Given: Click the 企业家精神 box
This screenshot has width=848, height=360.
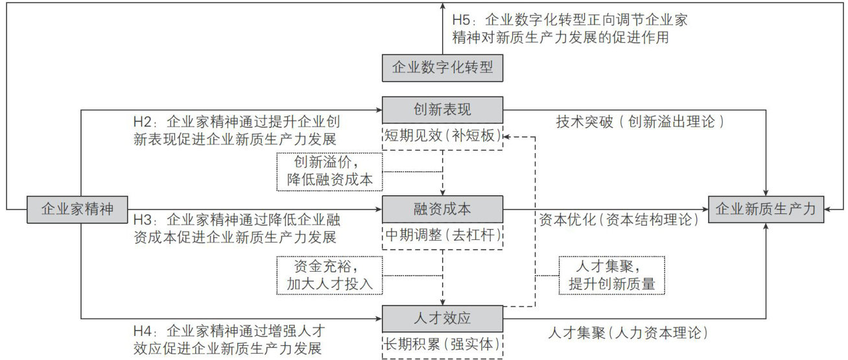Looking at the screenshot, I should click(x=77, y=209).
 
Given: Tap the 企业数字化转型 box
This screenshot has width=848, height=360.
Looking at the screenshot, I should click(x=443, y=68).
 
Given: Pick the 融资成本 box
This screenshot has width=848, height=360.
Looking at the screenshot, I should click(x=443, y=209).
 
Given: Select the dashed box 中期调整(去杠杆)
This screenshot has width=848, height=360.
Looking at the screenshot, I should click(x=443, y=236).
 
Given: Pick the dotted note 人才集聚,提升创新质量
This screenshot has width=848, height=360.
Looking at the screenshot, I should click(x=612, y=275).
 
